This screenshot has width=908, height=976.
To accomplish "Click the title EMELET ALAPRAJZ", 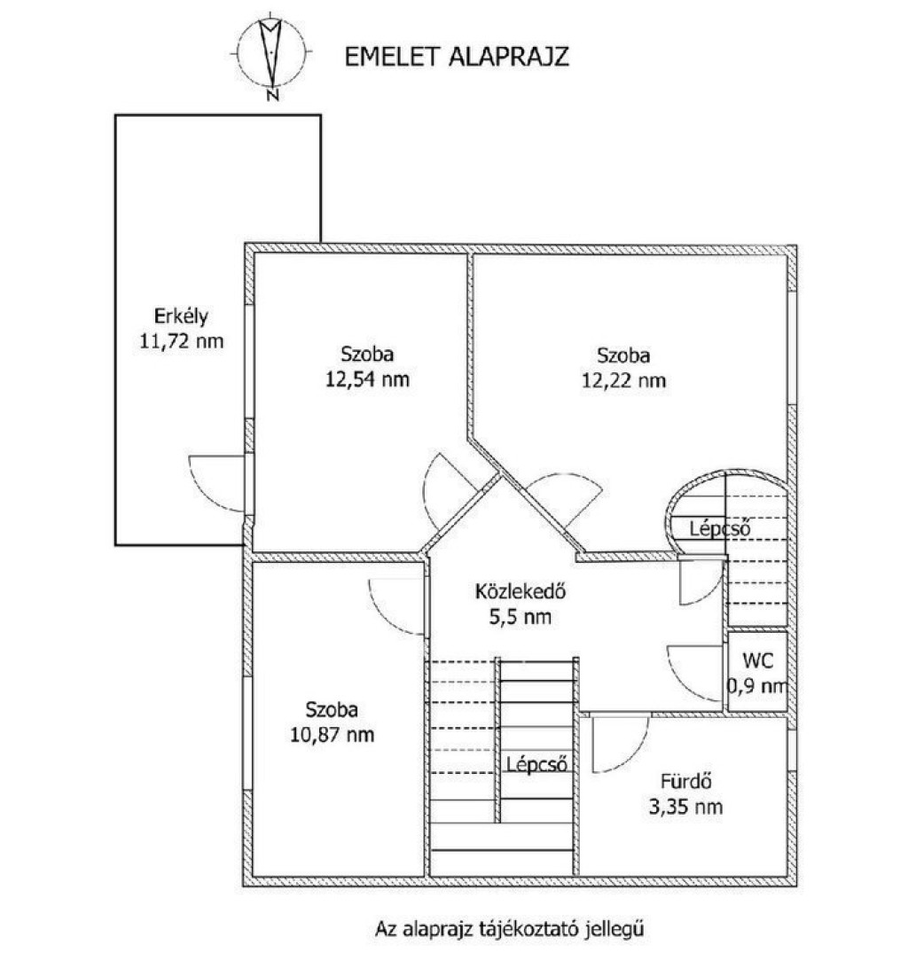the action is click(x=457, y=57).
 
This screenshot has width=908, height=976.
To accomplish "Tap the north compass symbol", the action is click(x=271, y=52).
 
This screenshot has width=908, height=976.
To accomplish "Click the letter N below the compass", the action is click(x=271, y=95).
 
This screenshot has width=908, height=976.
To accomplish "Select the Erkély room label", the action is click(x=181, y=316).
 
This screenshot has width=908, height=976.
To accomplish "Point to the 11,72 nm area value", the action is click(x=181, y=341).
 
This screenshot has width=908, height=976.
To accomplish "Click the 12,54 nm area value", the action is click(x=367, y=379).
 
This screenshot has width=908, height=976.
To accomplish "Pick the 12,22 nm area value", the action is click(x=623, y=380).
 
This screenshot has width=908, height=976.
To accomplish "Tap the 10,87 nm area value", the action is click(x=332, y=735).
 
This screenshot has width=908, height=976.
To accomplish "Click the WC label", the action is click(x=758, y=660).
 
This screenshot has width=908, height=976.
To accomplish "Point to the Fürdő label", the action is click(x=685, y=781).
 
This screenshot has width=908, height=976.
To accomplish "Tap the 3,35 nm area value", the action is click(x=685, y=808).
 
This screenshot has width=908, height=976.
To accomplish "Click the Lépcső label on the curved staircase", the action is click(x=719, y=529).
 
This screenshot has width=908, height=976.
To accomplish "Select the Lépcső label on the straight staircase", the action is click(x=536, y=764).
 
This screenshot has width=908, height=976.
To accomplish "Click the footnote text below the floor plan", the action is click(x=509, y=929).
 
